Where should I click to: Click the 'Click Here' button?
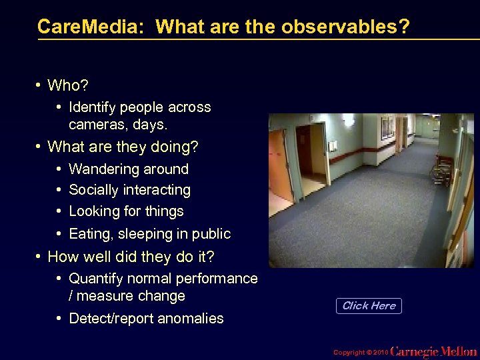tap(369, 306)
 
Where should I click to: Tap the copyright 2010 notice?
tap(359, 351)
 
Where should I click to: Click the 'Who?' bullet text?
tap(68, 85)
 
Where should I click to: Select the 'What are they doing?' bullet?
tap(123, 146)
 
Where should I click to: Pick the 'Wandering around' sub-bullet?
tap(129, 169)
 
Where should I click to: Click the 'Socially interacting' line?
tap(129, 190)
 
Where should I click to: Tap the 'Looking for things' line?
tap(126, 211)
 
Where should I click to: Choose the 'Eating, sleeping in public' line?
tap(149, 234)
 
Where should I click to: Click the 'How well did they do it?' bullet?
tap(131, 257)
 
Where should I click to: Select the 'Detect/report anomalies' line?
tap(146, 319)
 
